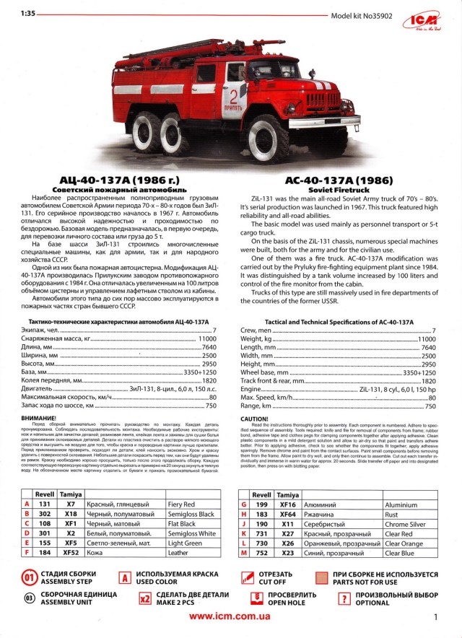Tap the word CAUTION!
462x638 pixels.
(x=254, y=418)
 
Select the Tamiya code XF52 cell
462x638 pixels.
(x=71, y=552)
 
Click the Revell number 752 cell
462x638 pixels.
(x=263, y=552)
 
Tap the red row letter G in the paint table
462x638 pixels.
(x=243, y=504)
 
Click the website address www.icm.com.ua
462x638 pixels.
(x=230, y=616)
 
